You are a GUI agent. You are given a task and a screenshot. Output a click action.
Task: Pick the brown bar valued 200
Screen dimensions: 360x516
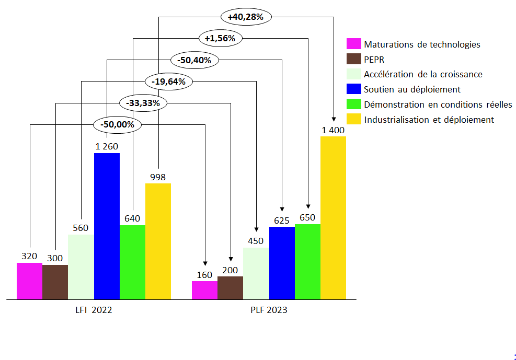[230, 287]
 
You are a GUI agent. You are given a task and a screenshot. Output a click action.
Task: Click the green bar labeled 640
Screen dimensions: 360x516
[132, 262]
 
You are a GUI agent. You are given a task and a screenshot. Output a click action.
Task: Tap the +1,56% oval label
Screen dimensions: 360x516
[220, 38]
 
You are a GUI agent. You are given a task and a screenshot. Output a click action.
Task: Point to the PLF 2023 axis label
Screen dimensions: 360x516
[269, 310]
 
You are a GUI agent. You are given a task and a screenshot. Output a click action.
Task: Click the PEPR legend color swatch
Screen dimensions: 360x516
[354, 59]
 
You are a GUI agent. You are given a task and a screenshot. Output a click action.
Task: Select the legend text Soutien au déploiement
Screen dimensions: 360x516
[412, 89]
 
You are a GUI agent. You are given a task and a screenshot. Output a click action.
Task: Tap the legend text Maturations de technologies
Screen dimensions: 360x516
[422, 44]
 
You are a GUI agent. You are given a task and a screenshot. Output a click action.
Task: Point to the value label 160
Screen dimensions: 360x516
[204, 275]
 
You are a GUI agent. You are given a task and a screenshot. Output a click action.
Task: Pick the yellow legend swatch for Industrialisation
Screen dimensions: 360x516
[354, 119]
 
